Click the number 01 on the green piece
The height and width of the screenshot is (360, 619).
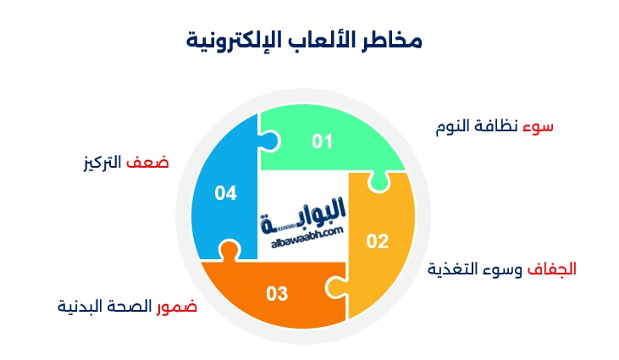click(323, 141)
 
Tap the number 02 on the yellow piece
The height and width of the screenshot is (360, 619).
click(377, 241)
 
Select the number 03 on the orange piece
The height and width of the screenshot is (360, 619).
click(277, 294)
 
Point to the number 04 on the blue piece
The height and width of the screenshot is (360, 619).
click(225, 193)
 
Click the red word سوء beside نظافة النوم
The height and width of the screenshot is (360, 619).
click(539, 126)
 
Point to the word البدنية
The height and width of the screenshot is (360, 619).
click(80, 305)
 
